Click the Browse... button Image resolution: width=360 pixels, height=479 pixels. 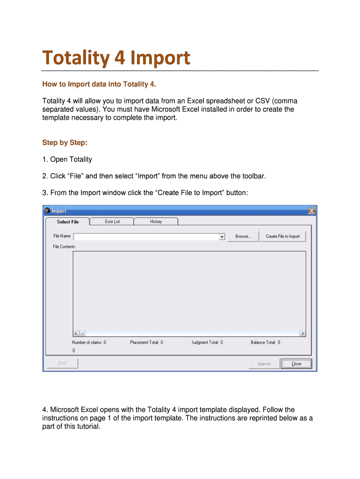pyautogui.click(x=243, y=237)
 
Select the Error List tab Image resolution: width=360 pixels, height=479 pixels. pyautogui.click(x=112, y=222)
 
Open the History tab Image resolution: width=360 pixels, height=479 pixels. pyautogui.click(x=156, y=222)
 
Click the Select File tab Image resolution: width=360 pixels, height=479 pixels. pyautogui.click(x=68, y=222)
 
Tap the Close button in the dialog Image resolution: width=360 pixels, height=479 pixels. pyautogui.click(x=296, y=364)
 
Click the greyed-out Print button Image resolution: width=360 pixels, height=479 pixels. pyautogui.click(x=62, y=363)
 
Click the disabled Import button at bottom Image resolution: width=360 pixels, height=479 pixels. pyautogui.click(x=264, y=364)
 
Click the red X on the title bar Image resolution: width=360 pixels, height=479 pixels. pyautogui.click(x=311, y=211)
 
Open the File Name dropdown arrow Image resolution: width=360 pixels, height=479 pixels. pyautogui.click(x=222, y=237)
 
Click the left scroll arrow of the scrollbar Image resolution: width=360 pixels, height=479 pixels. pyautogui.click(x=76, y=334)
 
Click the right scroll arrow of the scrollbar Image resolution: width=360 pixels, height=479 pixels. pyautogui.click(x=302, y=334)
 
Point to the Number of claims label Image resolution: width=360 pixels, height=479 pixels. pyautogui.click(x=89, y=342)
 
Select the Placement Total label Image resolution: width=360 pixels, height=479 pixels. pyautogui.click(x=146, y=342)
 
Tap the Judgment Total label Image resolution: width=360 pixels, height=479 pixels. pyautogui.click(x=207, y=342)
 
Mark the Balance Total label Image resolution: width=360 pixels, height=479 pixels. pyautogui.click(x=265, y=342)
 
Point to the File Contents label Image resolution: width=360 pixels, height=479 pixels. pyautogui.click(x=64, y=247)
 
